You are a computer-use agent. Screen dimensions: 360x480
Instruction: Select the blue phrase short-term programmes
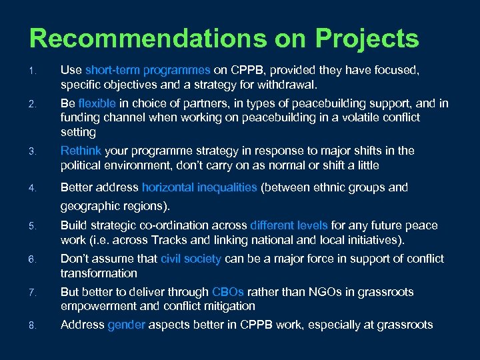tap(148, 70)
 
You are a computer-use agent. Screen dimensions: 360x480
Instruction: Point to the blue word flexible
tap(97, 103)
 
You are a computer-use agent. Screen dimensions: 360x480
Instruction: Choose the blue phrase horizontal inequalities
tap(199, 188)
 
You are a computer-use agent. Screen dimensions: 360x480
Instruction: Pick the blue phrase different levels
tap(289, 226)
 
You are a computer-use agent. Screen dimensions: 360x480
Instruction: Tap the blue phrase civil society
tap(191, 259)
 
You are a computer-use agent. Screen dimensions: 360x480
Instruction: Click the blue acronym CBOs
tap(228, 292)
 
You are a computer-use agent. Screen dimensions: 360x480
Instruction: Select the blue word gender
tap(126, 325)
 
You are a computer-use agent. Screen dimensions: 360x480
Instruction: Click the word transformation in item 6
tap(99, 273)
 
